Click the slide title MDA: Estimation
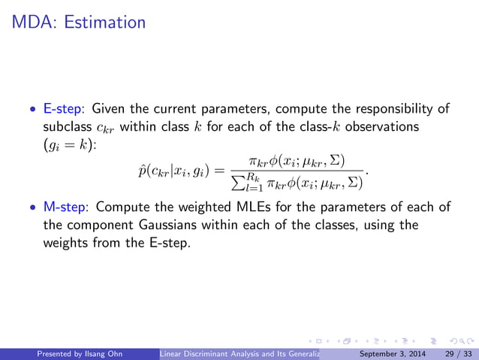[79, 22]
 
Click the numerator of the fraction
[297, 162]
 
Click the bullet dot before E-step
[32, 109]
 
